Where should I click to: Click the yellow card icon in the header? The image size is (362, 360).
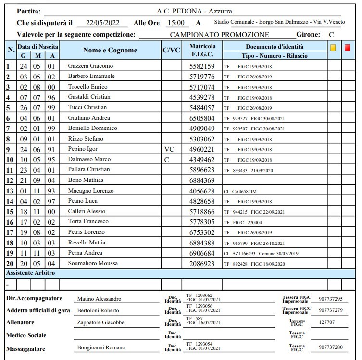pos(333,48)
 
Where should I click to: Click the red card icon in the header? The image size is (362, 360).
pos(348,48)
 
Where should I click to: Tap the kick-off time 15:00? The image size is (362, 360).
pos(175,23)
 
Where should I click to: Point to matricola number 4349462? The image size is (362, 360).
pos(202,160)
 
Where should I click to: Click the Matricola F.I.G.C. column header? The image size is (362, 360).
pos(202,51)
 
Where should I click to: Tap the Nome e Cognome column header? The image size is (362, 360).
pos(110,51)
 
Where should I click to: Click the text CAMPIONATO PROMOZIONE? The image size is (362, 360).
pos(219,35)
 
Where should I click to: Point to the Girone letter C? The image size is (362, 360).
pos(331,35)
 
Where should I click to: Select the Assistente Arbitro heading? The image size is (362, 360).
pos(30,273)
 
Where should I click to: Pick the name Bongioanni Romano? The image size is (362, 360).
pos(101,347)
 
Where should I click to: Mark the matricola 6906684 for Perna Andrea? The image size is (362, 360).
pos(202,253)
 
